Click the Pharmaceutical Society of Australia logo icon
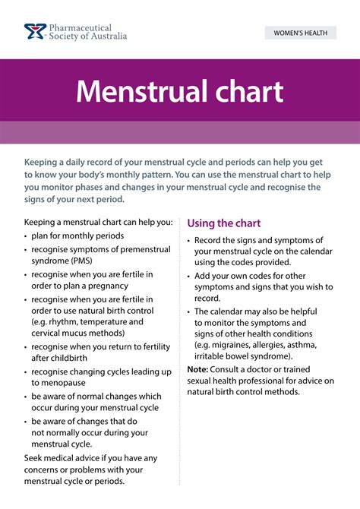pos(34,32)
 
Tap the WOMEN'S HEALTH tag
pos(299,33)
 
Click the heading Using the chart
pos(224,223)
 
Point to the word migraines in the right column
pos(233,345)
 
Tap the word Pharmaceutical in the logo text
pos(81,27)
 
